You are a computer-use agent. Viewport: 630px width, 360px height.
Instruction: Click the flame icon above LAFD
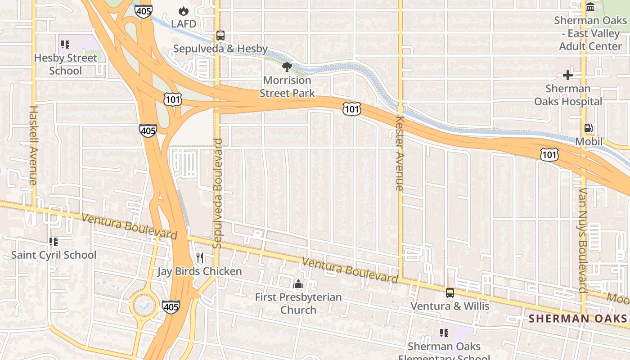[x=183, y=11]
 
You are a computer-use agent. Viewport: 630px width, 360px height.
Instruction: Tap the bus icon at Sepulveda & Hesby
[x=220, y=35]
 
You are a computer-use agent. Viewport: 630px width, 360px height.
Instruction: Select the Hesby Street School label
[x=66, y=64]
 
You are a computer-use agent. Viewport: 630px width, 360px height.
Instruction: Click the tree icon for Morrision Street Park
[x=287, y=67]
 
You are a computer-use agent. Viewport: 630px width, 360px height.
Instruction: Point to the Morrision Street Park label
[x=287, y=86]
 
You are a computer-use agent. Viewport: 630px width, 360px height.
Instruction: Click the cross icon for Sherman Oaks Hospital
[x=568, y=75]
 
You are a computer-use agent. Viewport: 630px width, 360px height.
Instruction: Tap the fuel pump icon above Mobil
[x=588, y=128]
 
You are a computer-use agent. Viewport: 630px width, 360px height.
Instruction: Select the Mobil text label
[x=589, y=142]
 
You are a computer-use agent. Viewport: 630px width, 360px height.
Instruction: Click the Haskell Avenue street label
[x=33, y=145]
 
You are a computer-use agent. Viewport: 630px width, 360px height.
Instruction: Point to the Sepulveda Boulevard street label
[x=217, y=193]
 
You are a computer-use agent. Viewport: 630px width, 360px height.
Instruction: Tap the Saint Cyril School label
[x=54, y=255]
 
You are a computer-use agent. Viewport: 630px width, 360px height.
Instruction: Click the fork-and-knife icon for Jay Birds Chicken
[x=200, y=258]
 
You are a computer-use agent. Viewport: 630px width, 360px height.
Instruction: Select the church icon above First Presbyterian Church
[x=298, y=284]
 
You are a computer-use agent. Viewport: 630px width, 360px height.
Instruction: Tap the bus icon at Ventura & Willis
[x=450, y=293]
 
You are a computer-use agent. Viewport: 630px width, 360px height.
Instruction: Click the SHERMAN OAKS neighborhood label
[x=577, y=319]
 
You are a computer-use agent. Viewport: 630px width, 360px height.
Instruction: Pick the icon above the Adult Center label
[x=590, y=7]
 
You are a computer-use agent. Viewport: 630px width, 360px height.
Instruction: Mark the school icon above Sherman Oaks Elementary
[x=444, y=333]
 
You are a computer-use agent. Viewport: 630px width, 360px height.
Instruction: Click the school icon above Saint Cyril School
[x=54, y=242]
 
